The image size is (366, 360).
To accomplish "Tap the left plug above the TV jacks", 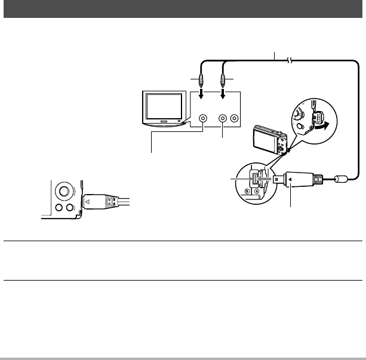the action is click(202, 80).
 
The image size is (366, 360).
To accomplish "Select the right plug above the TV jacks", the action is click(223, 80).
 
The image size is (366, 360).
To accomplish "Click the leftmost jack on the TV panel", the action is click(204, 119).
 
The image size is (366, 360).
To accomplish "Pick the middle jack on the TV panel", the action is click(223, 119).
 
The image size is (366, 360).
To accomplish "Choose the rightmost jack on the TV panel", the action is click(235, 119).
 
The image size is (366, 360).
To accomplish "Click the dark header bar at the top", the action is click(183, 9).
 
